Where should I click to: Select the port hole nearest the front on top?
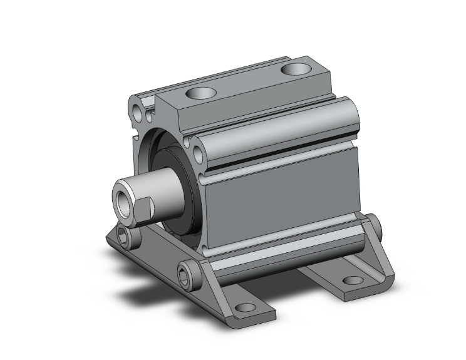(x=200, y=95)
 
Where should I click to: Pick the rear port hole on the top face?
(x=296, y=68)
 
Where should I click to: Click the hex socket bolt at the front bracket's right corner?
(x=187, y=270)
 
